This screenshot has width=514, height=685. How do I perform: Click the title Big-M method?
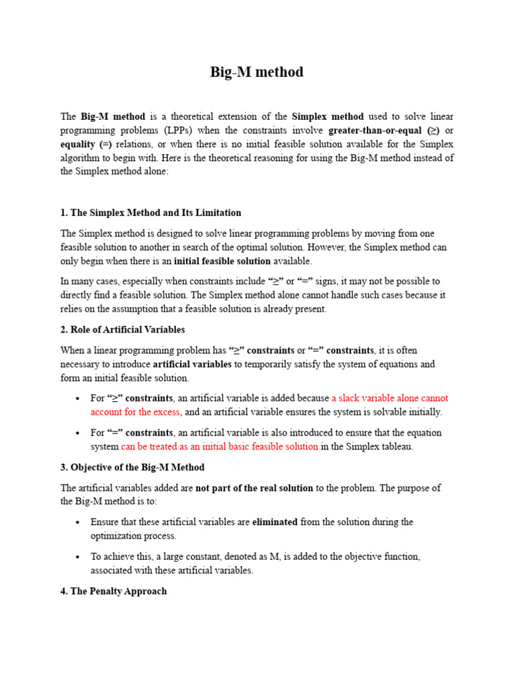click(x=257, y=72)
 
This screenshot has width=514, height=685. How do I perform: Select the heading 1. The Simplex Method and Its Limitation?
click(x=151, y=213)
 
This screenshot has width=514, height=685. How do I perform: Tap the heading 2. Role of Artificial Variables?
click(x=122, y=330)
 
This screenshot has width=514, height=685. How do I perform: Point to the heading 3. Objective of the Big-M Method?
click(x=133, y=467)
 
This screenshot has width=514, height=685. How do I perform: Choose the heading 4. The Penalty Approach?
click(x=113, y=591)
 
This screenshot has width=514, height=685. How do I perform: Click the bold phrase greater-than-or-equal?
click(x=375, y=130)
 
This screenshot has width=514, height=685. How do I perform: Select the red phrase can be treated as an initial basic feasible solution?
click(x=220, y=446)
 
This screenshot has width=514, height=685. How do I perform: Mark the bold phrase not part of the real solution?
click(x=254, y=488)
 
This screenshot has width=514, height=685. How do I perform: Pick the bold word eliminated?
click(x=274, y=522)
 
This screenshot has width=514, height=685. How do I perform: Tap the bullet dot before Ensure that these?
click(x=78, y=522)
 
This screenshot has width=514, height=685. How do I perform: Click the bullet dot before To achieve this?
click(x=78, y=557)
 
